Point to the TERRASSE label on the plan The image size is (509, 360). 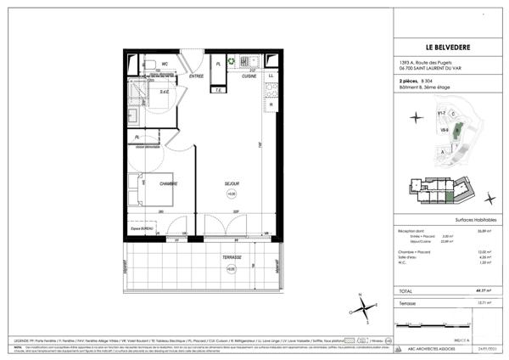point(232,258)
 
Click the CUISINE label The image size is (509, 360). point(249,76)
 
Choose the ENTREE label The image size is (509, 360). point(197,76)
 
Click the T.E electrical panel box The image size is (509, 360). point(218,89)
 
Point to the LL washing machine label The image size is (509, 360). point(271,76)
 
